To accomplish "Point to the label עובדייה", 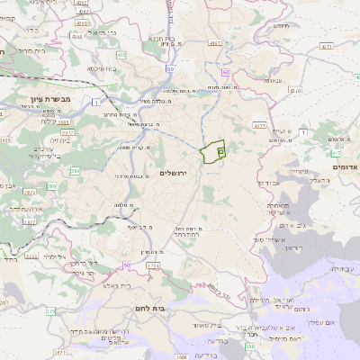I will pyautogui.click(x=341, y=268).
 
